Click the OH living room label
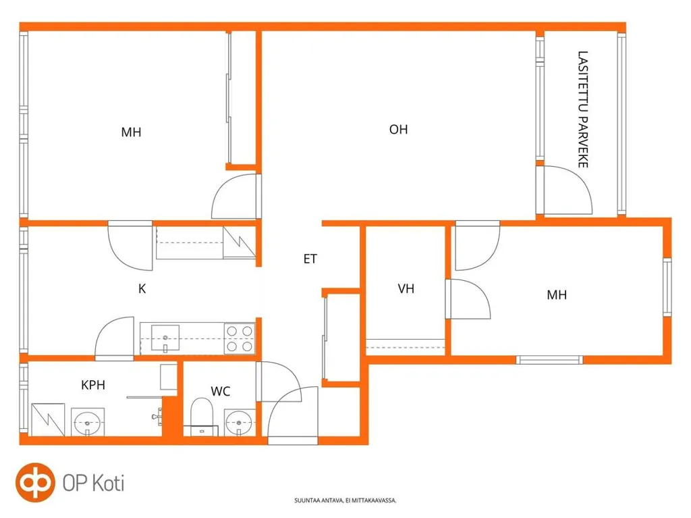398,129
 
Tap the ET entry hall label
310,259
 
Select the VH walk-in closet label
406,288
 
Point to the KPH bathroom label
93,385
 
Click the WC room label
221,391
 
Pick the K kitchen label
142,288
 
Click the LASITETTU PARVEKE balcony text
583,109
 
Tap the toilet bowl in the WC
202,413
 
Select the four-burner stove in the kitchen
240,338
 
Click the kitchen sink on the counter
165,338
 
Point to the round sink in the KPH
88,422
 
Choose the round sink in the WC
239,422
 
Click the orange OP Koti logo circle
35,483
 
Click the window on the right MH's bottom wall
549,360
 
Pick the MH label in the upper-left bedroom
131,132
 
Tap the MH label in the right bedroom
557,294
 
